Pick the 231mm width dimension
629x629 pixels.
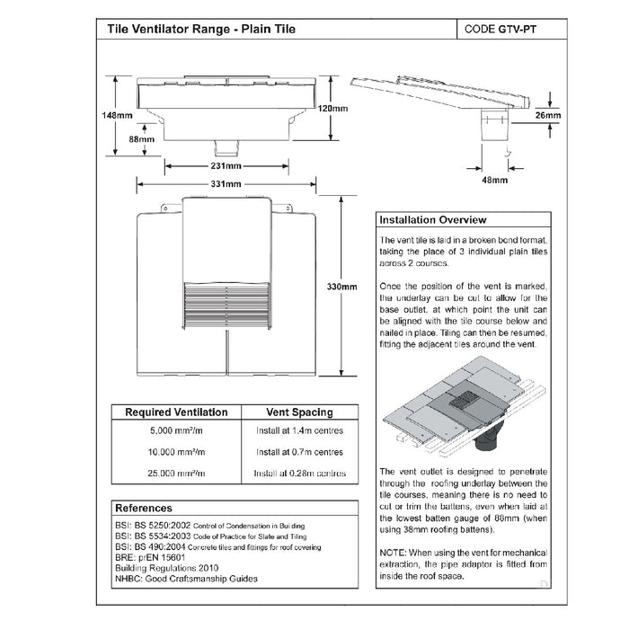point(226,166)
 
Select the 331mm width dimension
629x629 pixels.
point(226,183)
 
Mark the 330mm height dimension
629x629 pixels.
point(342,287)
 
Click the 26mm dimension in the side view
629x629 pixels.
point(548,116)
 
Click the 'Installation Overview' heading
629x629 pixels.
point(433,220)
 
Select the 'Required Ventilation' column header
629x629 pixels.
point(175,412)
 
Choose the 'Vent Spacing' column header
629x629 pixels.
point(300,412)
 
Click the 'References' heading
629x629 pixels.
point(144,508)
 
